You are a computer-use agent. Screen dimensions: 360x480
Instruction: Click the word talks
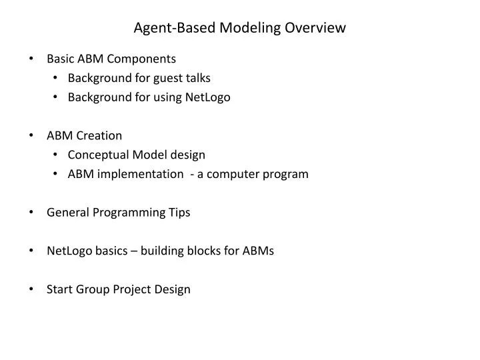coord(197,78)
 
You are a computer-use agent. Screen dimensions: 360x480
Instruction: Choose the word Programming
coord(128,213)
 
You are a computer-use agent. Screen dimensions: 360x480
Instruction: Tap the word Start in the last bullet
coord(59,289)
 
